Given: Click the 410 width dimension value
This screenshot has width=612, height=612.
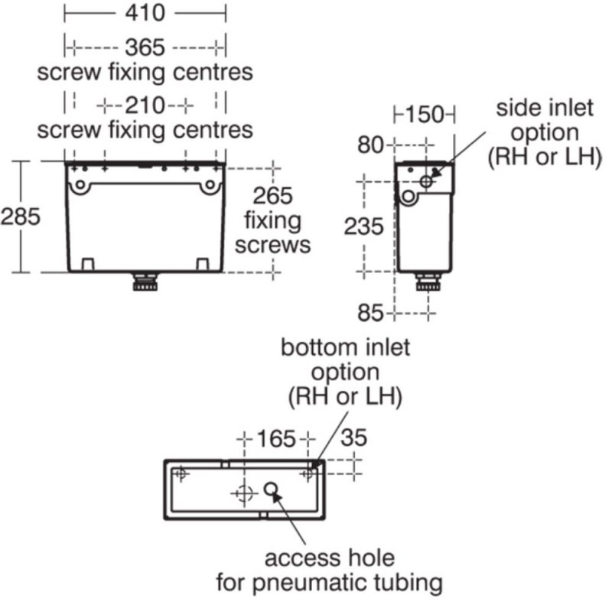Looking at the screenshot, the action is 145,13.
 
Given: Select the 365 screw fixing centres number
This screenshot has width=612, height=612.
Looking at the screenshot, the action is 145,47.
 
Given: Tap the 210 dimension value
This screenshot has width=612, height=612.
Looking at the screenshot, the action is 145,106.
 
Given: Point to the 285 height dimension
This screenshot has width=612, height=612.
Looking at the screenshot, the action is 21,216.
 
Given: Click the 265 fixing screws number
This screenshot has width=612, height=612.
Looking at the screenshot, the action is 272,196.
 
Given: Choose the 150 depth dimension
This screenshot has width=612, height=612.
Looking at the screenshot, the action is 425,114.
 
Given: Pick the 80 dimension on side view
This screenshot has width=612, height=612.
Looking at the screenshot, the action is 370,145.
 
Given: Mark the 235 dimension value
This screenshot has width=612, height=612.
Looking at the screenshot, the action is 364,226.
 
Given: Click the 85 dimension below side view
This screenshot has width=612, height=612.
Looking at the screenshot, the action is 370,313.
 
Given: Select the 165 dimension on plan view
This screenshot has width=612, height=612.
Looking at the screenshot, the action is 276,438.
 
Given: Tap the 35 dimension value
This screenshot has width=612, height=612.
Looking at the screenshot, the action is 354,438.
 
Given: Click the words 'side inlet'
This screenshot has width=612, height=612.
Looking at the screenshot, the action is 545,108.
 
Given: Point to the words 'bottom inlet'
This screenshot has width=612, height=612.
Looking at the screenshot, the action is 346,347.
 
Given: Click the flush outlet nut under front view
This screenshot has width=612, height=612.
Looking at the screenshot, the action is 145,282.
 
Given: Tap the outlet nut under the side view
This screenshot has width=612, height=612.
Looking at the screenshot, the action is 428,282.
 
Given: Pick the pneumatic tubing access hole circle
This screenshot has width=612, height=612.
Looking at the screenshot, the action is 271,488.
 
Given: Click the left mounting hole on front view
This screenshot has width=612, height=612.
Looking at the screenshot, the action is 80,184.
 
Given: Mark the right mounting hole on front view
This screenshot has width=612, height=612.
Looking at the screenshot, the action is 210,184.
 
